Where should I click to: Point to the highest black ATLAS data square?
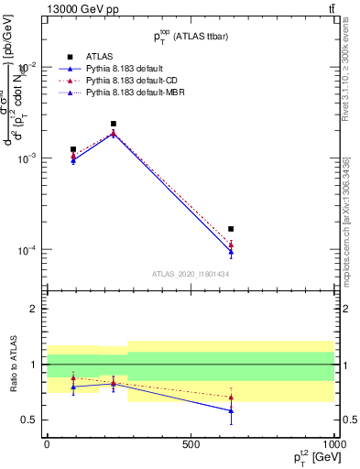click(x=114, y=124)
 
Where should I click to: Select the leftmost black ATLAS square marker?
click(x=73, y=149)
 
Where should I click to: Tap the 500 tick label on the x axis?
click(x=190, y=444)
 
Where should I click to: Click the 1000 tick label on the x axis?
click(x=333, y=444)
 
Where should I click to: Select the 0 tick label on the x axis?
click(x=46, y=444)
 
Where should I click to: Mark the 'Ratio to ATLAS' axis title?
click(x=12, y=363)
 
